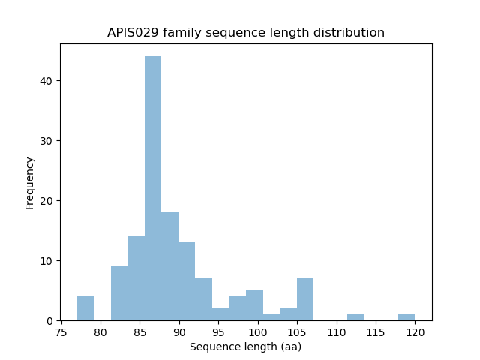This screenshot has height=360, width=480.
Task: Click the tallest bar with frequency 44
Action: point(153,188)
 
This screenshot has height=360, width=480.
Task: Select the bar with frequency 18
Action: point(169,266)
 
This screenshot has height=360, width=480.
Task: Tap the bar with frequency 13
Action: point(187,281)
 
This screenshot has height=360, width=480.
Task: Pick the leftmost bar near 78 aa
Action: point(85,309)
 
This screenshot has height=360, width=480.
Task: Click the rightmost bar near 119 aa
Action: point(406,317)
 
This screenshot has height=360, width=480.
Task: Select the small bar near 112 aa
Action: point(355,317)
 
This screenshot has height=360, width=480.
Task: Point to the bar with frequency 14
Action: point(136,278)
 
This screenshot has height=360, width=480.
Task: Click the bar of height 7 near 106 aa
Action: point(304,299)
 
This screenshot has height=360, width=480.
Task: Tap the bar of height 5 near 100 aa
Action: point(254,305)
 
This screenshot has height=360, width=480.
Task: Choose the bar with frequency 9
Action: point(119,293)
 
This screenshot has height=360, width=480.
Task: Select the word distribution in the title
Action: point(350,33)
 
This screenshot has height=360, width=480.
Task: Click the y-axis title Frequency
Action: point(30,182)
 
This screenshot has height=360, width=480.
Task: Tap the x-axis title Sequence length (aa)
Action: point(245,346)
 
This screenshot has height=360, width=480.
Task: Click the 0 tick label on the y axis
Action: point(49,321)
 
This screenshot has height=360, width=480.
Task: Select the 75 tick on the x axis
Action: point(61,331)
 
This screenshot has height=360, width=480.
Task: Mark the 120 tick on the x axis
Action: point(415,331)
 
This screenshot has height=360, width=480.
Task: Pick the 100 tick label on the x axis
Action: point(258,331)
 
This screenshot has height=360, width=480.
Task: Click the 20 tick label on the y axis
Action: point(46,201)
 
